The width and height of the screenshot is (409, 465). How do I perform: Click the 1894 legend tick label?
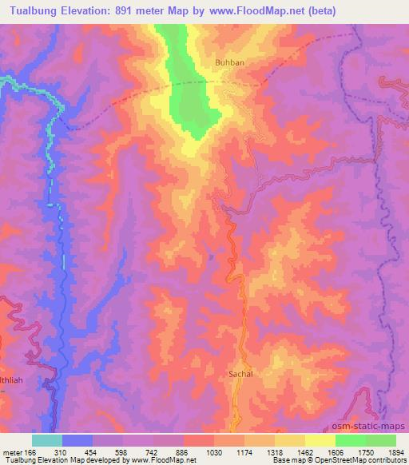click(397, 451)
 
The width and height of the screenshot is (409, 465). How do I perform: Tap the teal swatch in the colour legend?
click(47, 439)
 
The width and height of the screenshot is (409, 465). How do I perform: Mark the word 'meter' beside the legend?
click(13, 451)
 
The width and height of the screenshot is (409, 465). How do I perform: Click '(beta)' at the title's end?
click(318, 10)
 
